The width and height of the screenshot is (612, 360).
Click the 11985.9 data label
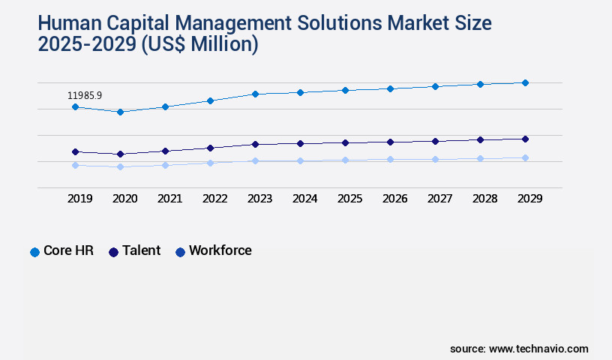[85, 95]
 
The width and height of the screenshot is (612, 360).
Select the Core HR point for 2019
[75, 107]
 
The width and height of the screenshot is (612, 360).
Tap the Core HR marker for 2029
[525, 82]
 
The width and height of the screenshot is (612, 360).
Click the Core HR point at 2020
[120, 112]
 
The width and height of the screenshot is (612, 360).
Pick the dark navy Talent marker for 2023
[255, 144]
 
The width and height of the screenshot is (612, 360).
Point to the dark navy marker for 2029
[525, 139]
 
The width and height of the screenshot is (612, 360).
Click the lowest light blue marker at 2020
[120, 166]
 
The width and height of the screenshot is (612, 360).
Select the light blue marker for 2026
[390, 159]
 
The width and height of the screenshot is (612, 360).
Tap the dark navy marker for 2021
[165, 151]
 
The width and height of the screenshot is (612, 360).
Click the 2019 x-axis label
[80, 199]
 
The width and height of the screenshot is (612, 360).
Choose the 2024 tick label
[305, 199]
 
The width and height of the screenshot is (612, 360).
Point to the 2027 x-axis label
[440, 199]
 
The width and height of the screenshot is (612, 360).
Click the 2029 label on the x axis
[530, 199]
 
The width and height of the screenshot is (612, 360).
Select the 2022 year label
[215, 199]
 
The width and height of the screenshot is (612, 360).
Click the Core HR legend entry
[61, 251]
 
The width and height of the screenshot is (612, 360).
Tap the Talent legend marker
[113, 252]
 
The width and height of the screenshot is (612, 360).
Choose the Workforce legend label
[220, 251]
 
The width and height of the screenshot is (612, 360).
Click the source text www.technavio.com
[538, 349]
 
